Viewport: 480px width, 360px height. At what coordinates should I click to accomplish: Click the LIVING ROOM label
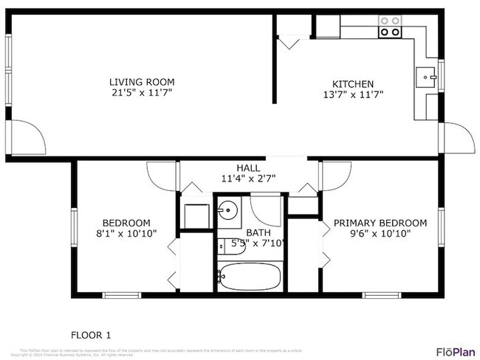click(x=142, y=82)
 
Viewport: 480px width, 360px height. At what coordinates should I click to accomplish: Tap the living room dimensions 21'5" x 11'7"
click(x=142, y=94)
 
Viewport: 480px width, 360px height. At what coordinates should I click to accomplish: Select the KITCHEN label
click(x=352, y=83)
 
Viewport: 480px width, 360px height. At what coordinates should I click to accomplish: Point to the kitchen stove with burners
click(x=390, y=27)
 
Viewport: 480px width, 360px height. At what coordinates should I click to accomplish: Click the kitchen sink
click(x=427, y=75)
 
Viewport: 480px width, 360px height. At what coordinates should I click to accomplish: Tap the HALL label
click(x=247, y=168)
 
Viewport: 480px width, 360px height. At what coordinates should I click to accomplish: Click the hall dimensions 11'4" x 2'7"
click(x=247, y=179)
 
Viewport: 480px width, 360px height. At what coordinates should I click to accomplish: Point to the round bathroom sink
click(x=229, y=211)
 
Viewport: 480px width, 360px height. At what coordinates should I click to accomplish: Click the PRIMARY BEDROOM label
click(x=380, y=223)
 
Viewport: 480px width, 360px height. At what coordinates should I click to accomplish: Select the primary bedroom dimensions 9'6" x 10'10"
click(x=380, y=233)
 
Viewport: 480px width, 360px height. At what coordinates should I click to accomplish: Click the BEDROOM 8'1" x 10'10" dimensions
click(x=126, y=233)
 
